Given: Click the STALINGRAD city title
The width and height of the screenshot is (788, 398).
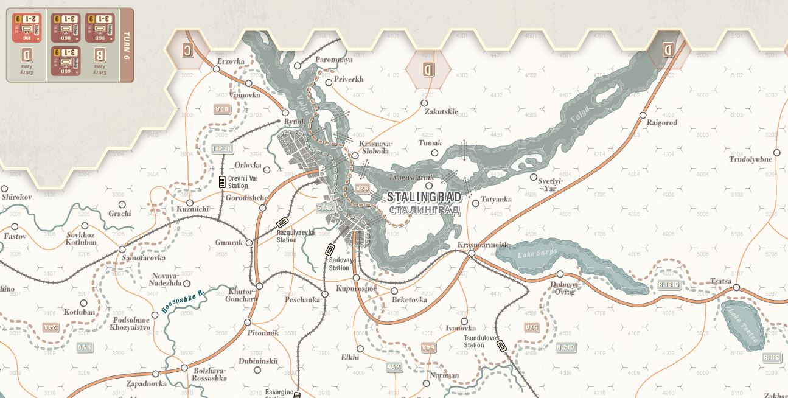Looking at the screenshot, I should [424, 198].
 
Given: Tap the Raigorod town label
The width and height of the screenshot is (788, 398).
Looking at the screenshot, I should [661, 123].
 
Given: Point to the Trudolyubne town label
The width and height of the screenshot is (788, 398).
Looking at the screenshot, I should [750, 159].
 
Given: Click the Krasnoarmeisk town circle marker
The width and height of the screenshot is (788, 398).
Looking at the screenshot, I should [472, 253].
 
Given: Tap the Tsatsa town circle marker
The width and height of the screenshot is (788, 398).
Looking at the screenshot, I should [736, 288].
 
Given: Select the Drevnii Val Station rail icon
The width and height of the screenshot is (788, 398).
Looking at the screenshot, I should [222, 181].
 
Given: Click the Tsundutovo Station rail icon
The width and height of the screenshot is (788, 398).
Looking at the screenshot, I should [501, 346].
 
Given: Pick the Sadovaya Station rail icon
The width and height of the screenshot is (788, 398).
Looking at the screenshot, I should [330, 250].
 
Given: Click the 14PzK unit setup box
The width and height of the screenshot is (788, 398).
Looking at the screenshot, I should [223, 148].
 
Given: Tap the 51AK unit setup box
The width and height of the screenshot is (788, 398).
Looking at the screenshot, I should [326, 208].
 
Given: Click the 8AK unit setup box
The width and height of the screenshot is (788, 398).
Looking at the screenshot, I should [85, 347].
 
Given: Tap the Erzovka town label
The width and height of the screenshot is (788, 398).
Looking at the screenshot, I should [231, 61].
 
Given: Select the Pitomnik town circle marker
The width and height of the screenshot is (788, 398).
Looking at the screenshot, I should [248, 323].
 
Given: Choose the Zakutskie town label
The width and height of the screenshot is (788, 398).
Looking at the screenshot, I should [441, 112].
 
